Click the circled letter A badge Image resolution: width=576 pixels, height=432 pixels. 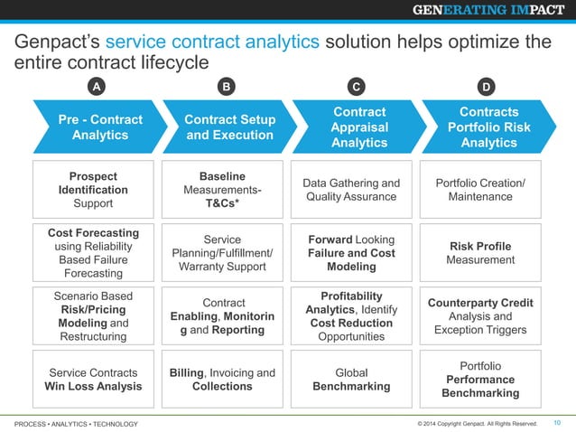tap(94, 87)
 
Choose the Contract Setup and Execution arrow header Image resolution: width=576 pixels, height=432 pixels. tap(228, 127)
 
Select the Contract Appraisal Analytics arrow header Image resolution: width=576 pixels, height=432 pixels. tap(358, 127)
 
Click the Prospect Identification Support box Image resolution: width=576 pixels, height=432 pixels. tap(93, 190)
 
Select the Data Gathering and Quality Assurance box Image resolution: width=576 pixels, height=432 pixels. tap(352, 190)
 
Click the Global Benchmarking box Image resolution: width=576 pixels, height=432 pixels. tap(352, 380)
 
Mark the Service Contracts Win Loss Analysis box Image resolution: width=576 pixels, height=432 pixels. tap(93, 380)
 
